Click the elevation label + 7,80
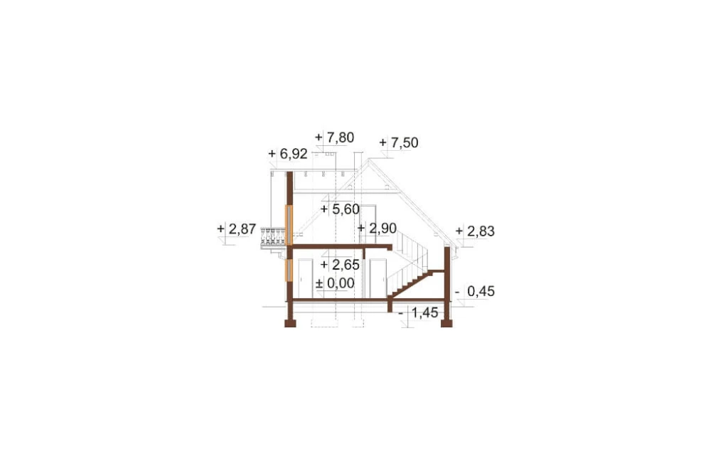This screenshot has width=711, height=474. pos(334,137)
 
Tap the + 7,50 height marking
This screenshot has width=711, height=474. pos(399,142)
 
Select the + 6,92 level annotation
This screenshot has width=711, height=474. pos(288,154)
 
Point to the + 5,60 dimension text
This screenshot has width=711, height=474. pos(340,209)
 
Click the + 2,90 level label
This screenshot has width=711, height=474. pos(378,228)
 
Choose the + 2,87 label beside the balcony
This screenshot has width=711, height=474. pos(237,229)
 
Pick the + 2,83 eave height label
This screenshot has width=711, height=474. pos(475,231)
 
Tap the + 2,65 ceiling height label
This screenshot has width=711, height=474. pos(340,264)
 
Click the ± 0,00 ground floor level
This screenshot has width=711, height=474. pos(335,283)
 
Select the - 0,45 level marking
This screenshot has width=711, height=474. pos(475,292)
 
